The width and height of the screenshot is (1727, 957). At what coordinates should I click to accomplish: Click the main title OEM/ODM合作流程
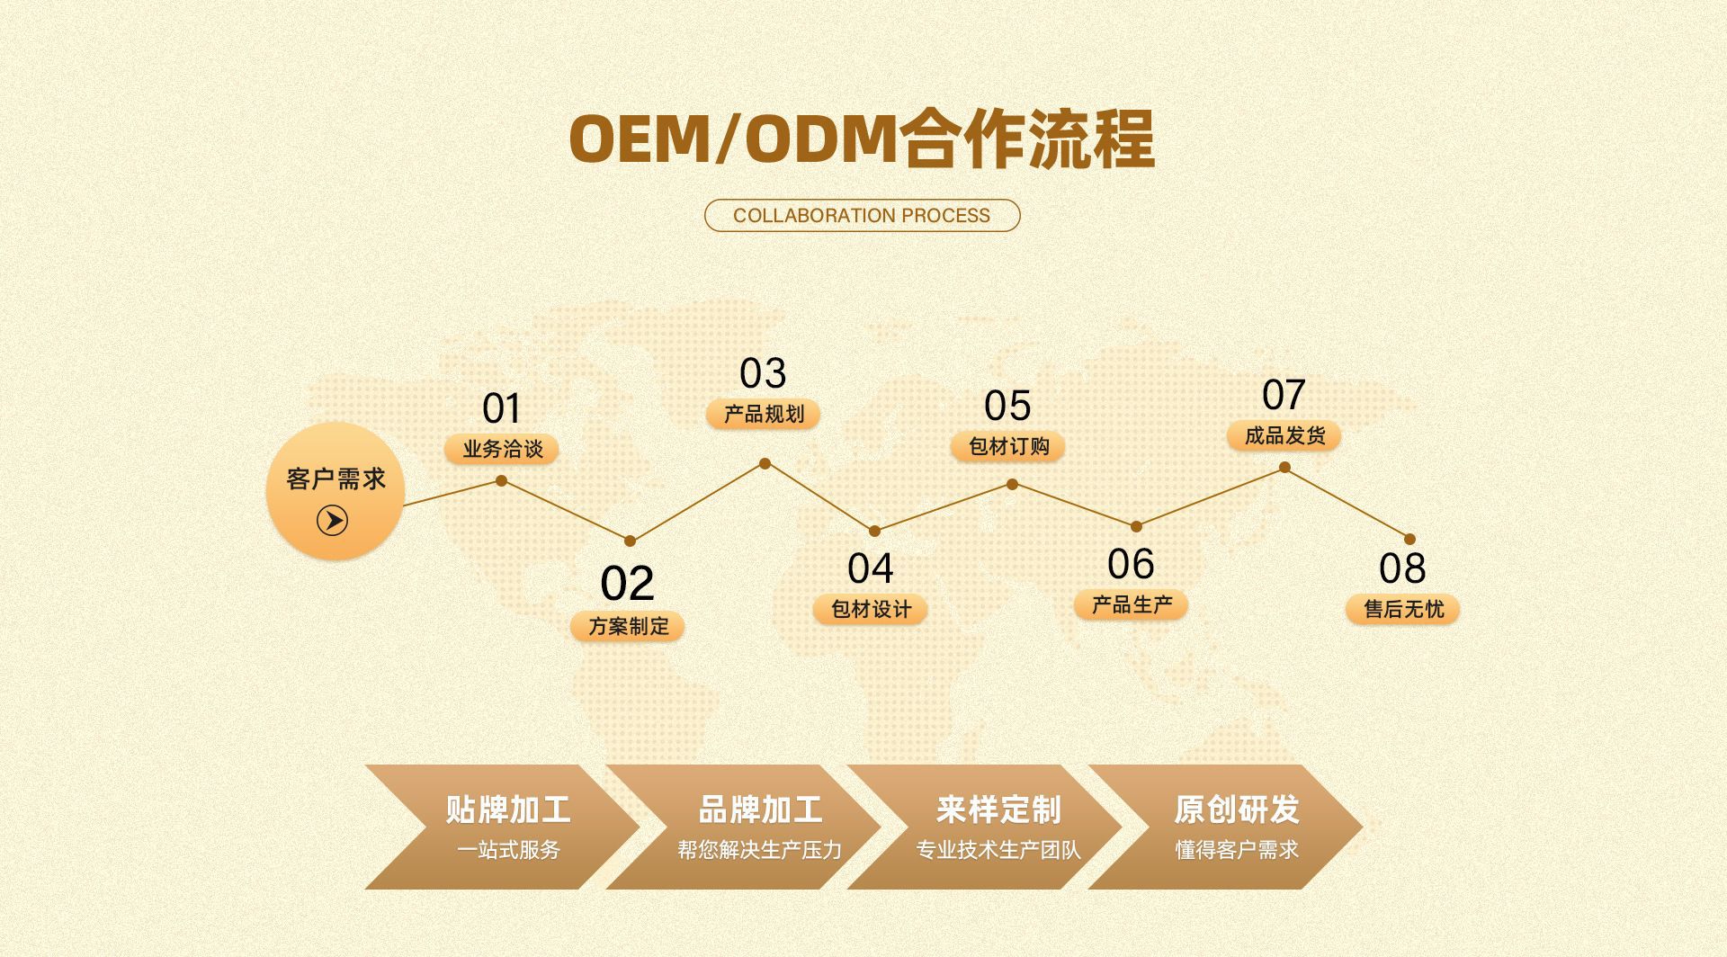pos(862,139)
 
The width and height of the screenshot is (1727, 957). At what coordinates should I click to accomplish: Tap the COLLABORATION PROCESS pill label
pos(862,216)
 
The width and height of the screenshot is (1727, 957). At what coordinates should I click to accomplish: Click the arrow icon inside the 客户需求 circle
pos(332,521)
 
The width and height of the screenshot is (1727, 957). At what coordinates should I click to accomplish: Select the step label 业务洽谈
pos(502,449)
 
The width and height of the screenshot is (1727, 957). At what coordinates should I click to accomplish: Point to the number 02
pos(627,584)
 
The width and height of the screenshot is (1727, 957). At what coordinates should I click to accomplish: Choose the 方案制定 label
pos(628,626)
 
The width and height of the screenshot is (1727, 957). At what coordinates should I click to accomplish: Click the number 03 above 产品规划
pos(763,373)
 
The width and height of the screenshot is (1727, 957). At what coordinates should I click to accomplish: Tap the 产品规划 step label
pos(764,414)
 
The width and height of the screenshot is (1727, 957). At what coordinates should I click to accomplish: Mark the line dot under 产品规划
pos(765,463)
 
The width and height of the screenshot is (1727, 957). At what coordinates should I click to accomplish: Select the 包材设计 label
pos(871,609)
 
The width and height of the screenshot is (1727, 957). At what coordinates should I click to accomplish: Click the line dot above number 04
pos(874,531)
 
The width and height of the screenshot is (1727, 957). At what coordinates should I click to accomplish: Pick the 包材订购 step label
pos(1008,446)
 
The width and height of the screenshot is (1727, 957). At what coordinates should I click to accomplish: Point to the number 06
pos(1131,565)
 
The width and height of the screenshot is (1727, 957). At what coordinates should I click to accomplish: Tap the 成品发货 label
pos(1284,436)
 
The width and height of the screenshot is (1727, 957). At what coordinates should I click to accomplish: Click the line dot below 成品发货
pos(1284,468)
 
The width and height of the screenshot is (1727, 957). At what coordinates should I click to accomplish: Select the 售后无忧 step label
pos(1403,609)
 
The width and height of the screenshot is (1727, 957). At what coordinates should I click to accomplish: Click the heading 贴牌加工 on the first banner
pos(508,809)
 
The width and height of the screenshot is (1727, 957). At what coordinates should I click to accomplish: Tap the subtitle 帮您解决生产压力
pos(760,850)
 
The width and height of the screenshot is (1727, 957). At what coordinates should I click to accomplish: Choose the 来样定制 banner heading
pos(998,809)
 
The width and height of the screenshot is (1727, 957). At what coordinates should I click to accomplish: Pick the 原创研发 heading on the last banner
pos(1237,809)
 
